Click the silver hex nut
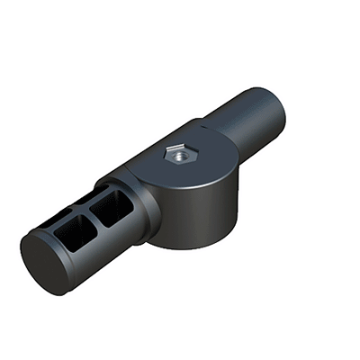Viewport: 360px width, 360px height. pos(176,156)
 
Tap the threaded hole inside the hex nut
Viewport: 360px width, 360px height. pos(177,155)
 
